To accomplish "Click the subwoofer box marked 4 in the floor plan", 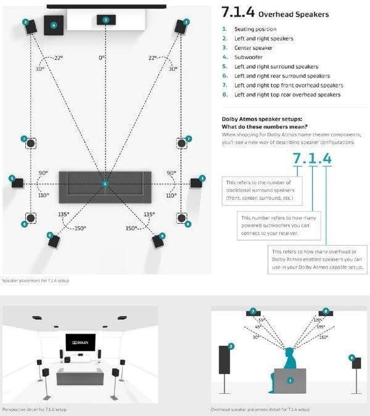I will pos(54,25).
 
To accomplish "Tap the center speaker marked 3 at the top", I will pos(106,20).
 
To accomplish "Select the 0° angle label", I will pos(102,58).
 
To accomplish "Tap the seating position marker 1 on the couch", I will pos(105,184).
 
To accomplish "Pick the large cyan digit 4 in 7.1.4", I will pos(326,158).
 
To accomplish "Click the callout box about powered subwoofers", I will pos(274,226).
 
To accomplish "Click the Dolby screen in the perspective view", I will pos(81,341).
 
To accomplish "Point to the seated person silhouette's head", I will pos(289,354).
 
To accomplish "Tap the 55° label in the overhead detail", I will pos(261,321).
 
